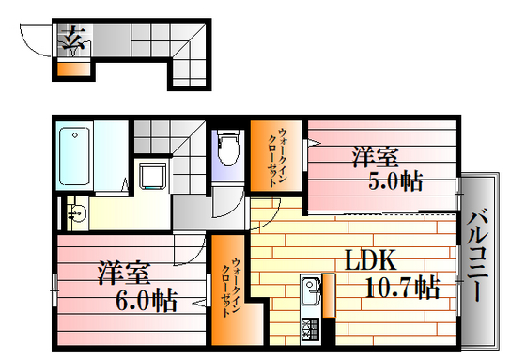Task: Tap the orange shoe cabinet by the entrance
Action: pos(71,68)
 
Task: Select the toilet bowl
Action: pos(226,149)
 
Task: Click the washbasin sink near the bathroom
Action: pos(74,212)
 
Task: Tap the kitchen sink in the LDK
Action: pos(310,291)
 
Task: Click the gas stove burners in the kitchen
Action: pos(310,329)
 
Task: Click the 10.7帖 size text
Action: pos(402,287)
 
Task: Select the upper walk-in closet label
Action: pos(279,156)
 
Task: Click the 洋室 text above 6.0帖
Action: pos(124,274)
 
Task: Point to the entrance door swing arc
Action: pos(34,42)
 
